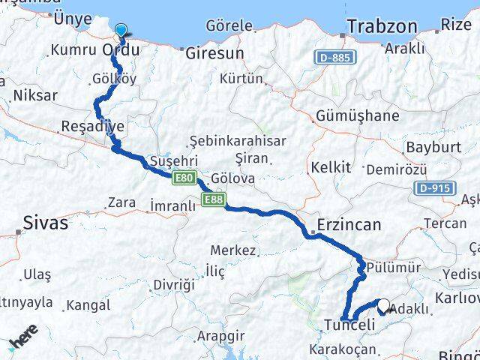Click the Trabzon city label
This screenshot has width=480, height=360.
tap(382, 26)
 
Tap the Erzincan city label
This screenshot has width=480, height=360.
tap(349, 224)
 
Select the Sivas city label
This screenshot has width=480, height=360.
tap(45, 223)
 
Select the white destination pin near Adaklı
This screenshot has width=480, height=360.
tap(384, 306)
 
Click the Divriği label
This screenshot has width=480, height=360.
tap(173, 283)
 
